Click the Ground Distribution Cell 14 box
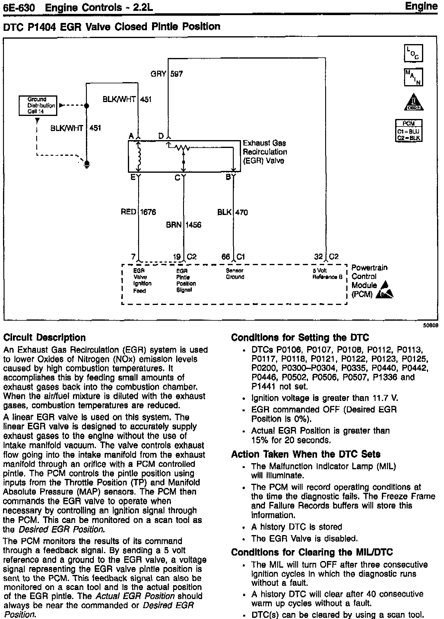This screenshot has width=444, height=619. (38, 105)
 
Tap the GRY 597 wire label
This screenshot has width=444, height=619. (167, 74)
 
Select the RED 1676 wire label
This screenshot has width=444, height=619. (138, 212)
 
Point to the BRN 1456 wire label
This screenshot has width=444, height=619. (183, 225)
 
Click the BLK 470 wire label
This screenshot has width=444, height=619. (233, 213)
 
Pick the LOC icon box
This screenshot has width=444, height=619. (413, 53)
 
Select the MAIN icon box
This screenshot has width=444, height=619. (413, 77)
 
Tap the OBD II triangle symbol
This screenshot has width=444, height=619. (414, 102)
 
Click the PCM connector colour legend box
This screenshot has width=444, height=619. (409, 131)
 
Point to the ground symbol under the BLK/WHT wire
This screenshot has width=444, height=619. (87, 165)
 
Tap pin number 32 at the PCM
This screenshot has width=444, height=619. (318, 257)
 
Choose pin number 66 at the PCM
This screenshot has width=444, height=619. (226, 257)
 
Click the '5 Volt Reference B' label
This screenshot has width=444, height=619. (327, 274)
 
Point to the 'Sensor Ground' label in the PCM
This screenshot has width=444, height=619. (235, 274)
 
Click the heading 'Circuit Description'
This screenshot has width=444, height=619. (44, 337)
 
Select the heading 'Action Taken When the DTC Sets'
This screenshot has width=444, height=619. (306, 454)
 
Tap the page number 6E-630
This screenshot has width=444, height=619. (19, 8)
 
